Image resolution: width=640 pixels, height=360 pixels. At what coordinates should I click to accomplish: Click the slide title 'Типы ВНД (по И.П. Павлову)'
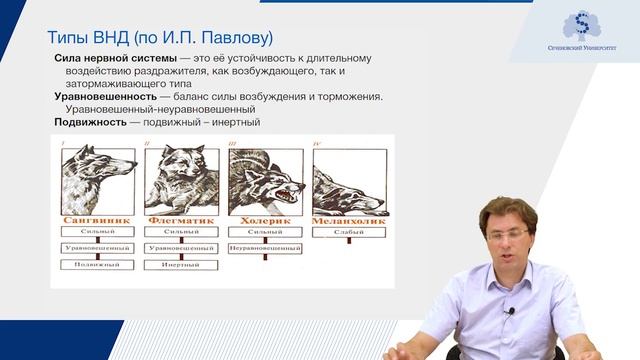pos(160,38)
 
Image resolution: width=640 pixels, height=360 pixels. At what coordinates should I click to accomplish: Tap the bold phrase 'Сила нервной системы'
pos(100,59)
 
